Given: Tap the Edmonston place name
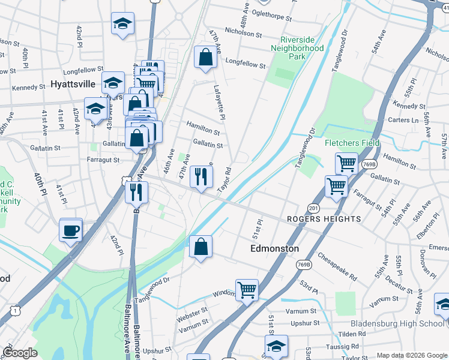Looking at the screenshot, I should (x=274, y=248).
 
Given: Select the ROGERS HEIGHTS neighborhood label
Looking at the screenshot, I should (x=324, y=219).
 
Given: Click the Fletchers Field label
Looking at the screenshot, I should (x=352, y=143).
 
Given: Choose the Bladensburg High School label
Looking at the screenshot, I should (x=397, y=323).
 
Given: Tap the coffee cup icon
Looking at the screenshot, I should (x=71, y=230).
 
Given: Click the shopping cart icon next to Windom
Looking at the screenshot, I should (x=247, y=290).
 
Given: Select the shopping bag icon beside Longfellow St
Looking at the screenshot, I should (x=205, y=58).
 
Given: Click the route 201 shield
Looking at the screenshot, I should (x=313, y=208).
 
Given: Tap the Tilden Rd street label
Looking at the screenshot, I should (x=352, y=334).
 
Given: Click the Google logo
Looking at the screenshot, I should (x=20, y=353).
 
